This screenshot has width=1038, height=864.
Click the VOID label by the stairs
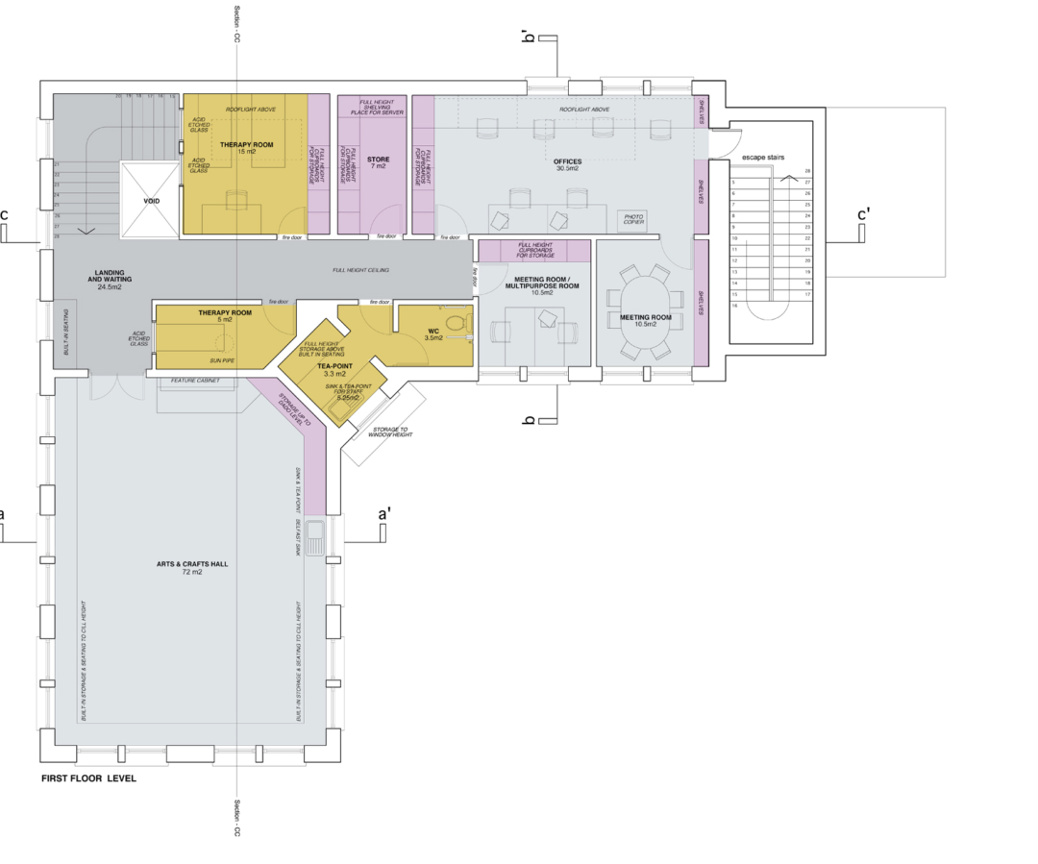point(151,201)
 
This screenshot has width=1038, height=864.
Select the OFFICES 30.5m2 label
point(566,162)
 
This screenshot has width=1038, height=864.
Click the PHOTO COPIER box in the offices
point(633,220)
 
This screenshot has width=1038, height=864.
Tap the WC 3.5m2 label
point(433,334)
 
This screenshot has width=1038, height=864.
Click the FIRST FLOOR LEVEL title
point(88,778)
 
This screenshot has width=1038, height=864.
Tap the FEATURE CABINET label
point(195,381)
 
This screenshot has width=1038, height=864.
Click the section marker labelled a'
point(384,516)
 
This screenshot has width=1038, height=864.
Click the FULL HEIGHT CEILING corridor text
point(361,271)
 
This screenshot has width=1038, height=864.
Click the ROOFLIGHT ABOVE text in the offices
point(585,110)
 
